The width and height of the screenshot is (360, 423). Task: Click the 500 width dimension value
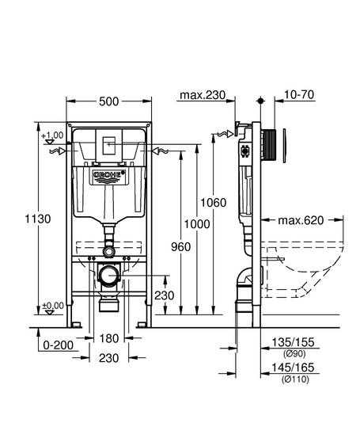pos(109,101)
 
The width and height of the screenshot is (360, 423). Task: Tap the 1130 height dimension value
pos(38,219)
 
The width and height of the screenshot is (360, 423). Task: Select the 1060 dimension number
pos(214,203)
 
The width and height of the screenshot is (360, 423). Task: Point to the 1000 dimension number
pos(197,224)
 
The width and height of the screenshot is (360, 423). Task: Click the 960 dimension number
pos(181,247)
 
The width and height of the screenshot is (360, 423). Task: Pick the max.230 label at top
pos(203,95)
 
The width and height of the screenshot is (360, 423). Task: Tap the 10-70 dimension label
pos(299,95)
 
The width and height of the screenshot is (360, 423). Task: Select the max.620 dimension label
pos(301,220)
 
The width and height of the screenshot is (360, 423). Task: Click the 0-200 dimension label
pos(59,345)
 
